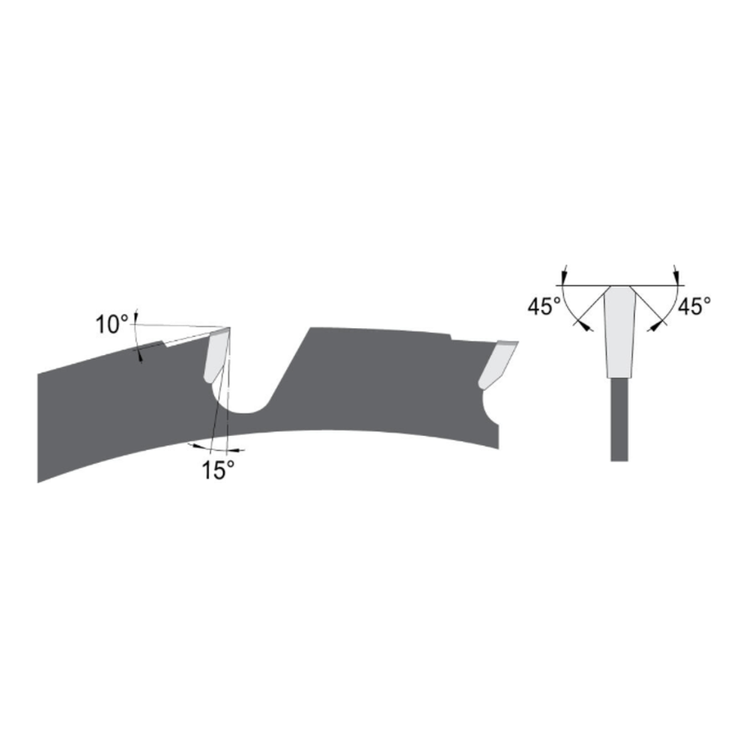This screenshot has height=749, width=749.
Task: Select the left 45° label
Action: point(545,307)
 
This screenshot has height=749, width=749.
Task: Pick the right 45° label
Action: point(693,307)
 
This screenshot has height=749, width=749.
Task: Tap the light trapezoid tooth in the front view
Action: point(619,330)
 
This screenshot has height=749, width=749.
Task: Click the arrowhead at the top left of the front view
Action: point(564,278)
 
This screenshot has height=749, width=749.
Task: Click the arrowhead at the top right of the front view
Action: point(676,278)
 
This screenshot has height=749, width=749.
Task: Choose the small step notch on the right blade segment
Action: point(450,336)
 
